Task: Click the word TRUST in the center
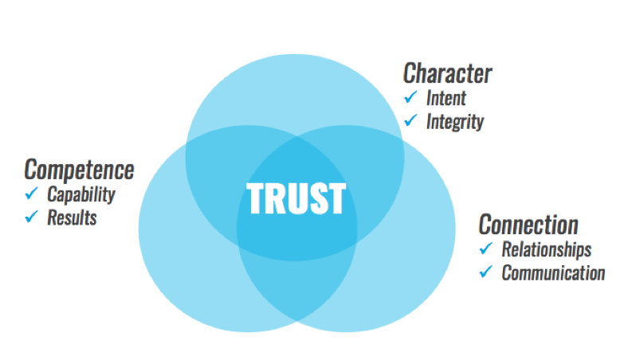tap(296, 198)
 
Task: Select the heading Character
tap(447, 73)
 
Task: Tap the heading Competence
tap(79, 169)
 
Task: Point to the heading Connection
tap(528, 223)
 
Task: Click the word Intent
tap(446, 98)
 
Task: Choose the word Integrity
tap(454, 122)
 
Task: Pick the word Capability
tap(80, 194)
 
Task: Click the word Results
tap(72, 217)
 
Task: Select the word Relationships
tap(546, 248)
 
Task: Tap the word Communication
tap(553, 272)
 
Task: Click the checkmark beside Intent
tap(411, 97)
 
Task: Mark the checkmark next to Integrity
tap(411, 121)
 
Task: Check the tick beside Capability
tap(32, 193)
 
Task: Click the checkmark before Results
tap(32, 216)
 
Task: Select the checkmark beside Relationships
tap(486, 248)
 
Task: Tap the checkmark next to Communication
tap(486, 272)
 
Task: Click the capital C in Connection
tap(485, 223)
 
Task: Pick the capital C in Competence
tap(31, 169)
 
